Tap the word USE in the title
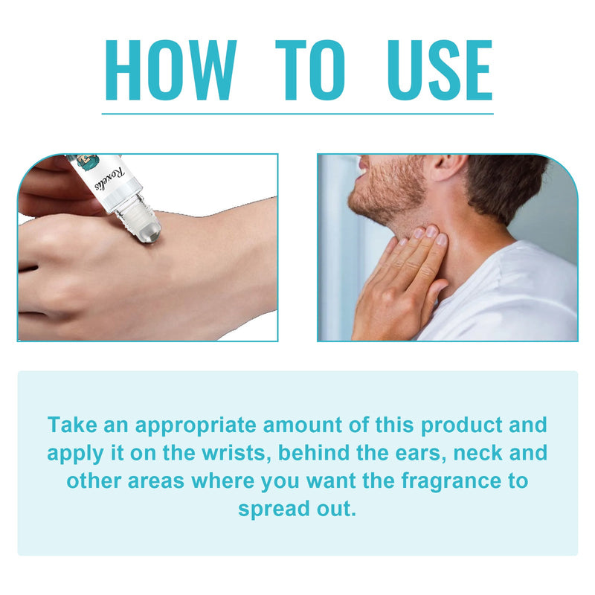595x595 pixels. tap(440, 70)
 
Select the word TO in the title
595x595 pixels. tap(311, 70)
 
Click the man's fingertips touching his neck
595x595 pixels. tap(430, 234)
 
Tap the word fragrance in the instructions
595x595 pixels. tap(451, 481)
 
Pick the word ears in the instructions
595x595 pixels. tap(421, 454)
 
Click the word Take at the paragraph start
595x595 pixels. tap(72, 424)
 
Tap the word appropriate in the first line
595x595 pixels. tap(196, 425)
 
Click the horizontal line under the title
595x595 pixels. tap(297, 114)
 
